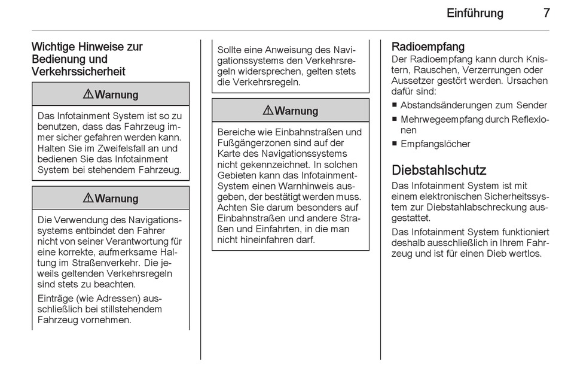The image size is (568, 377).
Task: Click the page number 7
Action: tap(546, 13)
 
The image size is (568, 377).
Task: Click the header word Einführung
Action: tap(475, 13)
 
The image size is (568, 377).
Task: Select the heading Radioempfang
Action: tap(427, 47)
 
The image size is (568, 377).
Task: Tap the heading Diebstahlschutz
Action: tap(439, 170)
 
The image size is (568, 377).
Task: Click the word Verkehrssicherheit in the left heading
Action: tap(78, 72)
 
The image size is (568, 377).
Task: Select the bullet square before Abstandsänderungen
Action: tap(395, 105)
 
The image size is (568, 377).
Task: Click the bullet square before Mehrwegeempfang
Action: tap(395, 119)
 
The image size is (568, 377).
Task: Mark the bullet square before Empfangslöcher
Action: tap(395, 144)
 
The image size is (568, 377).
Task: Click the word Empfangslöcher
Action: tap(435, 144)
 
